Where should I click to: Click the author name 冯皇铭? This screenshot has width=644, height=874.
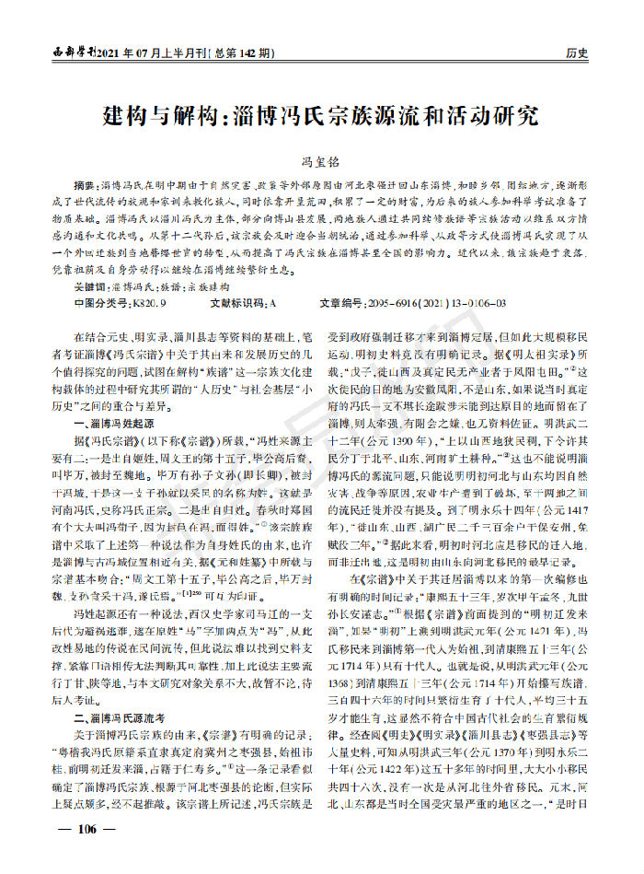tap(321, 160)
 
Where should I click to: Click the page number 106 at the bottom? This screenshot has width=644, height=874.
tap(87, 853)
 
